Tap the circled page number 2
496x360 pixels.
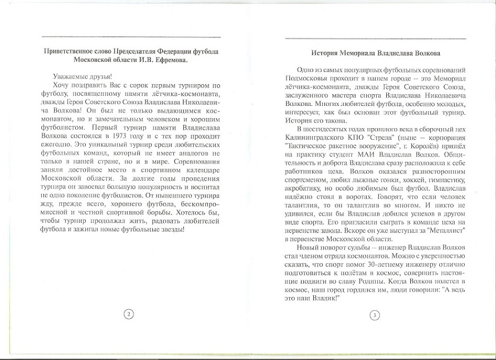pos(128,314)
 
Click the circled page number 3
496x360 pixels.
pos(374,315)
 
